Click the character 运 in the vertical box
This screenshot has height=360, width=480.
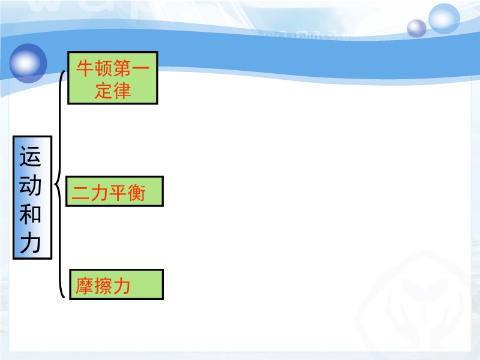tap(31, 157)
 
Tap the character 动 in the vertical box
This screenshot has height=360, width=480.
tap(31, 185)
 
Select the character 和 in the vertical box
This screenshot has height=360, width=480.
tap(31, 214)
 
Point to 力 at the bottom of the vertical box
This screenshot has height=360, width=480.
tap(31, 243)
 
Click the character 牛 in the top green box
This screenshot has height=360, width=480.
tap(85, 68)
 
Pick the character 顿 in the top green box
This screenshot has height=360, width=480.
tap(104, 68)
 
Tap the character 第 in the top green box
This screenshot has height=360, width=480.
tap(122, 68)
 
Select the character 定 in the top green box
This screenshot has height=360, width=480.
tap(104, 91)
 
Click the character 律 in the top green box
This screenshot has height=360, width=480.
tap(122, 91)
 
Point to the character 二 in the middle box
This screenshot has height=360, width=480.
tap(81, 193)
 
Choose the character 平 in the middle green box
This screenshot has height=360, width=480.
tap(118, 193)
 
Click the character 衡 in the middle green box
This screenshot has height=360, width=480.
tap(137, 193)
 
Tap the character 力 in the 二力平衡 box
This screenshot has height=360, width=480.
tap(100, 193)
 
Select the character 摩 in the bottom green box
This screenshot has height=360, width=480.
tap(85, 286)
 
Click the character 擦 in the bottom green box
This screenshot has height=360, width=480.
tap(103, 286)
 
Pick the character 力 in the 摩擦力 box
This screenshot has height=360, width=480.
tap(122, 286)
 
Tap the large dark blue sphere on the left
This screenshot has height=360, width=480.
tap(28, 64)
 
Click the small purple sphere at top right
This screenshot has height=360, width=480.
tap(416, 28)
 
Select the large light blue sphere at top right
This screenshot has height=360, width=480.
tap(444, 19)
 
